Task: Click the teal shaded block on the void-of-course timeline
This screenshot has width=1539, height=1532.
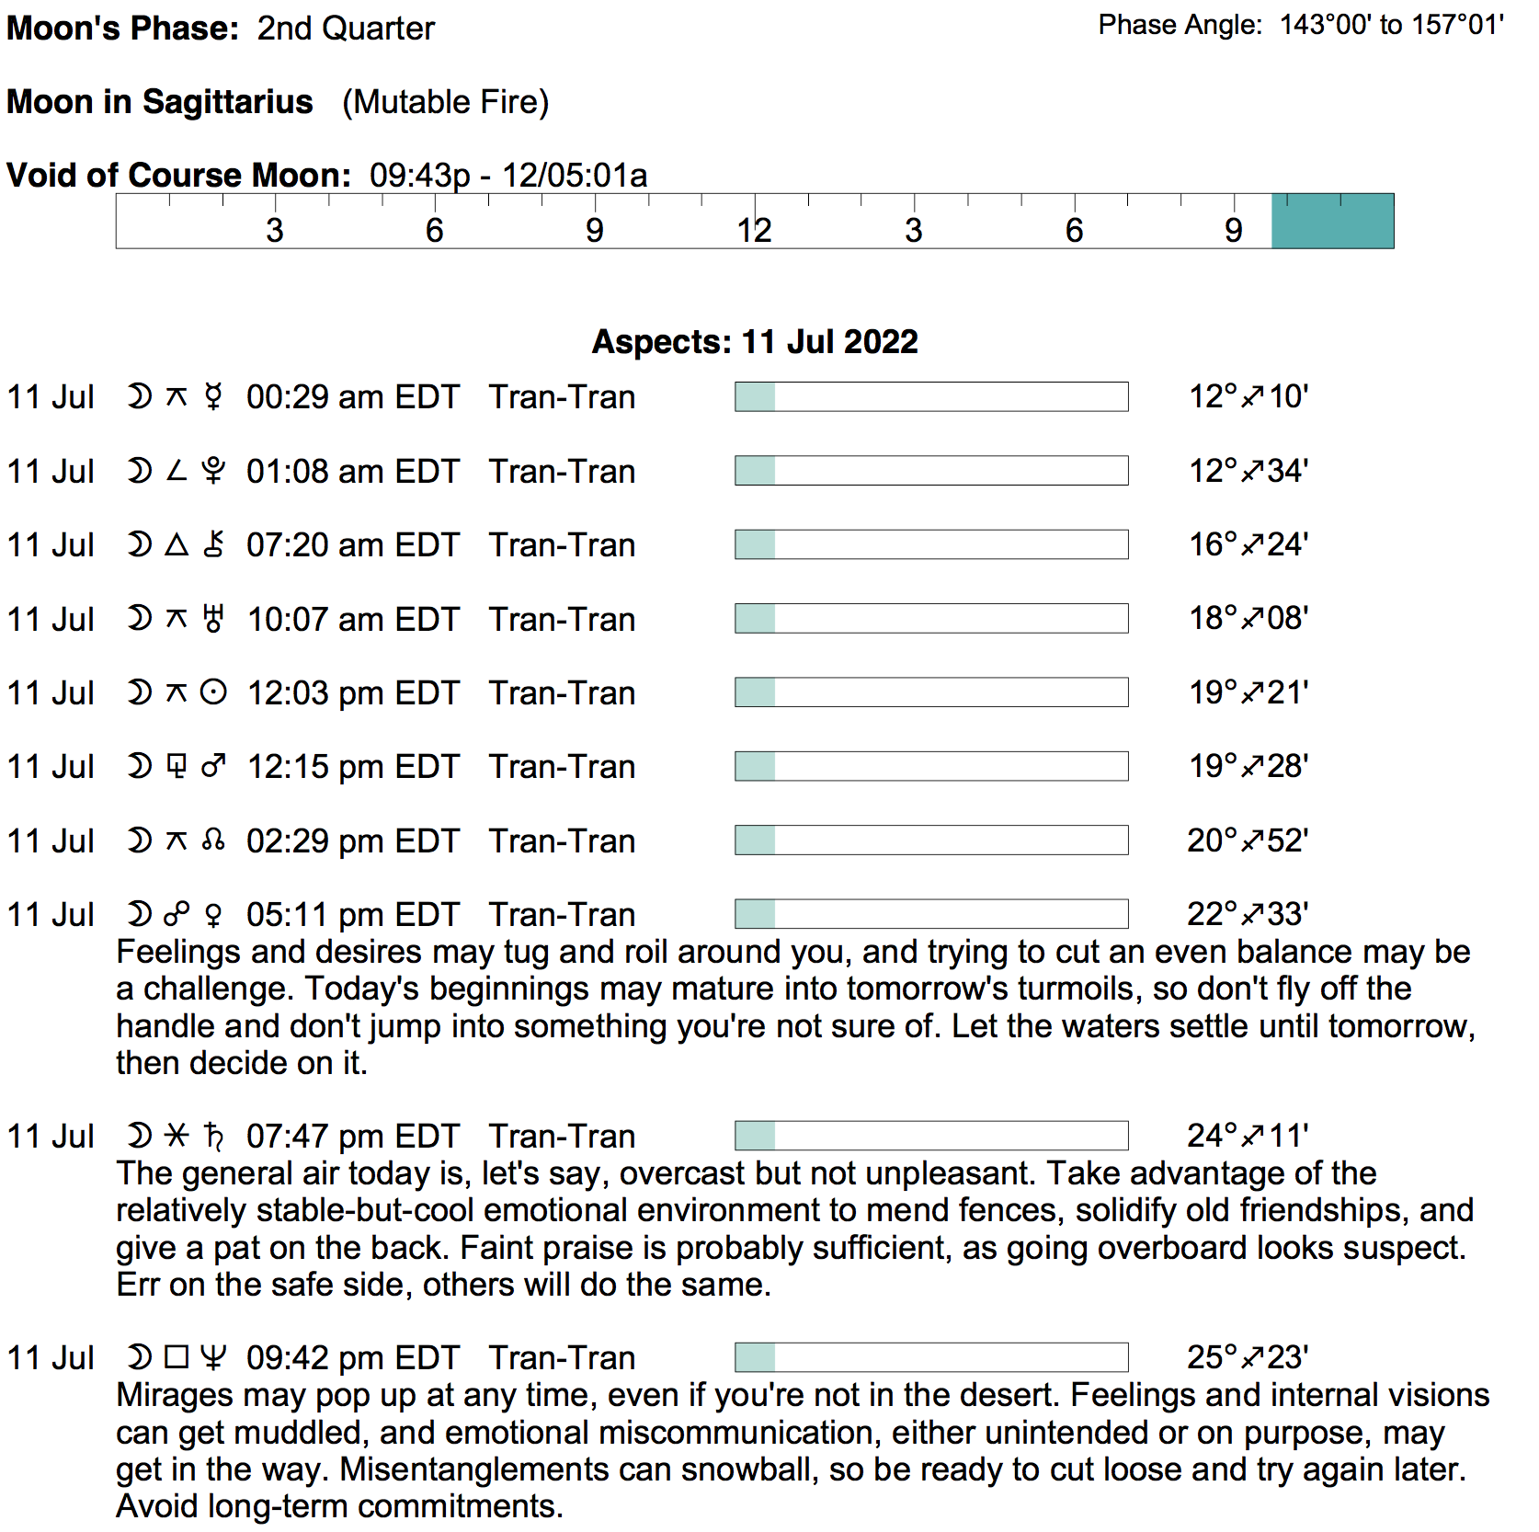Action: click(1332, 221)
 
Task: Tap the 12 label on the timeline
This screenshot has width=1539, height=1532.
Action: click(754, 230)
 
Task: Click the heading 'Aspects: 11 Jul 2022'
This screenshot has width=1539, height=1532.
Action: click(755, 342)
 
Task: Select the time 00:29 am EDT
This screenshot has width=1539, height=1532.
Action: click(353, 397)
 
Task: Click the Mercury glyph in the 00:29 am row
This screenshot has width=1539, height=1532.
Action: click(213, 397)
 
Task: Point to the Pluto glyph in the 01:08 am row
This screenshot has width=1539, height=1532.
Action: click(213, 471)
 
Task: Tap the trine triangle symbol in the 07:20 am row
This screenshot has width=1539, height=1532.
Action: click(177, 545)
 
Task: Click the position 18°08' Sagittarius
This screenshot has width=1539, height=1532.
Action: click(1248, 619)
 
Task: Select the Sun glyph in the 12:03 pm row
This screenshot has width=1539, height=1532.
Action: click(213, 692)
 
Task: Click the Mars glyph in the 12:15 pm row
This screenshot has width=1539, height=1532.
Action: click(213, 766)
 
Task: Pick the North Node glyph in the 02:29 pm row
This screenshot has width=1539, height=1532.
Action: click(213, 840)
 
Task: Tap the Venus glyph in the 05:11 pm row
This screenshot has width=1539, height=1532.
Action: click(213, 915)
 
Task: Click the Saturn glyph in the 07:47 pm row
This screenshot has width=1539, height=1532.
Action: click(213, 1137)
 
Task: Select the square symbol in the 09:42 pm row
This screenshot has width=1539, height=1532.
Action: click(177, 1357)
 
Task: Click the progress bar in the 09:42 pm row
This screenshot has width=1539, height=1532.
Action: click(931, 1357)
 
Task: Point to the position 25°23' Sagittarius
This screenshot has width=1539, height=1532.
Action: click(1248, 1357)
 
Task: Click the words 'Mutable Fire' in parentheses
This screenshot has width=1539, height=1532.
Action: click(446, 102)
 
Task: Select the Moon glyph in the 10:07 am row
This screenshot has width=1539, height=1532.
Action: click(139, 619)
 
